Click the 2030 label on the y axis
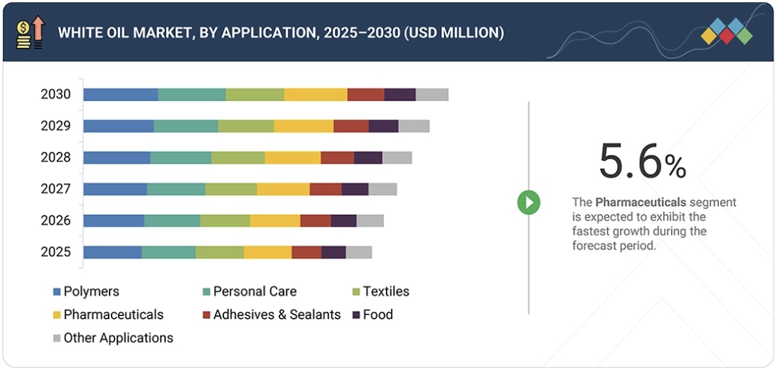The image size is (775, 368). pyautogui.click(x=55, y=95)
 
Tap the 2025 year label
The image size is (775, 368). pyautogui.click(x=55, y=252)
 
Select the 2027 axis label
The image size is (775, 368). pyautogui.click(x=55, y=189)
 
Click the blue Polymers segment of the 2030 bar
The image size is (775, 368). pyautogui.click(x=120, y=95)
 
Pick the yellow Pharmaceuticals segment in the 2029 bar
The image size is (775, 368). pyautogui.click(x=304, y=126)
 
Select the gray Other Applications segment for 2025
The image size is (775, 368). pyautogui.click(x=358, y=252)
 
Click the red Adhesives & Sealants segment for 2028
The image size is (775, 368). pyautogui.click(x=337, y=157)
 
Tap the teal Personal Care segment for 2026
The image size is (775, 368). pyautogui.click(x=172, y=221)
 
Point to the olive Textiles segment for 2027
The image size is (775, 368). pyautogui.click(x=231, y=189)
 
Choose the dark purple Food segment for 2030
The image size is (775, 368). pyautogui.click(x=400, y=95)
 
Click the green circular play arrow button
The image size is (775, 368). pyautogui.click(x=528, y=203)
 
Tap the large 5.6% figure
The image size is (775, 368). pyautogui.click(x=642, y=162)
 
